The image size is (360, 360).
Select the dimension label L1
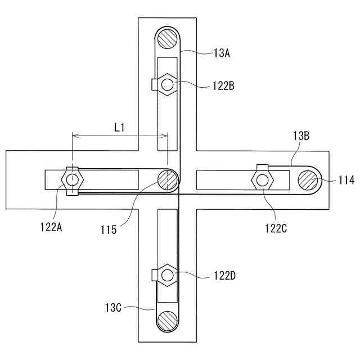[119, 127]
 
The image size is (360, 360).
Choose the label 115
[109, 230]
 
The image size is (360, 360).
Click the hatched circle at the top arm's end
[167, 39]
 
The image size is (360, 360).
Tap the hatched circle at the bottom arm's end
[167, 321]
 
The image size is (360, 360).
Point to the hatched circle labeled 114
[308, 180]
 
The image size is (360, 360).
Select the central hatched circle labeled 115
[167, 180]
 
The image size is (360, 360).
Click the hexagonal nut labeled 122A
[73, 180]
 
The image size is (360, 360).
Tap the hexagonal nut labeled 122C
[262, 180]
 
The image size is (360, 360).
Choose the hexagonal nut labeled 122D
[167, 275]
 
